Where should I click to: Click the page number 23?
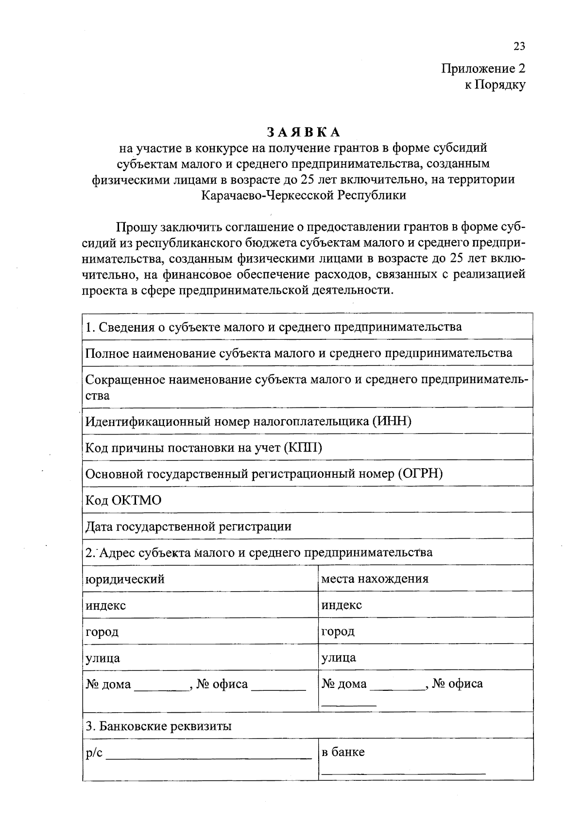tap(519, 47)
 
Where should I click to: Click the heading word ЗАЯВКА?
tap(303, 132)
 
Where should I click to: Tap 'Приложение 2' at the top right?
tap(483, 69)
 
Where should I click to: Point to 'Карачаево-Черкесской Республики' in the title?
tap(303, 195)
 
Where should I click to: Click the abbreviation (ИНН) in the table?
tap(392, 421)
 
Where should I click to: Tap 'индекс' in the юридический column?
tap(105, 605)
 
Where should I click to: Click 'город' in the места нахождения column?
tap(338, 631)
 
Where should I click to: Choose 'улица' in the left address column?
tap(103, 658)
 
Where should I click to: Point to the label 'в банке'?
tap(343, 752)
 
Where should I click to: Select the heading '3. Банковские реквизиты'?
tap(158, 726)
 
